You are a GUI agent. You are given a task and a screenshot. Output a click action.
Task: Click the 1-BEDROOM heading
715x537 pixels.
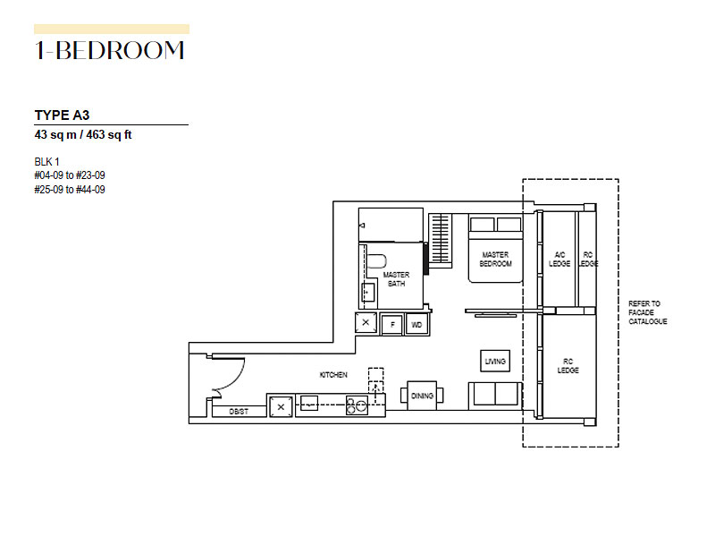pyautogui.click(x=109, y=51)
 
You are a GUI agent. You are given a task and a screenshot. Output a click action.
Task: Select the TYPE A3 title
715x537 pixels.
pyautogui.click(x=62, y=115)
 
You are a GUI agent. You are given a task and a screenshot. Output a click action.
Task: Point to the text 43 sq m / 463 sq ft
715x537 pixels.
pyautogui.click(x=83, y=135)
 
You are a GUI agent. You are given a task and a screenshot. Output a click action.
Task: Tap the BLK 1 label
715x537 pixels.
pyautogui.click(x=47, y=162)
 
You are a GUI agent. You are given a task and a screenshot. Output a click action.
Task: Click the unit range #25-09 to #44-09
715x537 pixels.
pyautogui.click(x=70, y=190)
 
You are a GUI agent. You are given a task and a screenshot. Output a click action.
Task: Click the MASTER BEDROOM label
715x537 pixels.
pyautogui.click(x=496, y=260)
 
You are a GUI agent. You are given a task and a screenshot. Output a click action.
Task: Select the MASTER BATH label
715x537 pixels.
pyautogui.click(x=396, y=279)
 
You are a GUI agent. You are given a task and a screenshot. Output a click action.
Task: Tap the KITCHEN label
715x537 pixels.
pyautogui.click(x=333, y=375)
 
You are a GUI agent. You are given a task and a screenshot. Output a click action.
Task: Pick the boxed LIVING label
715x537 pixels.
pyautogui.click(x=495, y=362)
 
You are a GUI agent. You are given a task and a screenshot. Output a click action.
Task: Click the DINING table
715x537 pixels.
pyautogui.click(x=422, y=396)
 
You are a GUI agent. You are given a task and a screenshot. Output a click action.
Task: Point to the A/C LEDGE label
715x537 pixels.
pyautogui.click(x=559, y=260)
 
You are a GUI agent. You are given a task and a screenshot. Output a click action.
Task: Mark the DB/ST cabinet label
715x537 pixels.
pyautogui.click(x=239, y=412)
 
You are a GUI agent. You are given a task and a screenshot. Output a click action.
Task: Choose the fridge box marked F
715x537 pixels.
pyautogui.click(x=392, y=325)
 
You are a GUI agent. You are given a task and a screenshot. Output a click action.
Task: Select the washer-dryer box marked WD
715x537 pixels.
pyautogui.click(x=416, y=325)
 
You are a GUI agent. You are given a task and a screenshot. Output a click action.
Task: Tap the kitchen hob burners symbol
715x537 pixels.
pyautogui.click(x=357, y=405)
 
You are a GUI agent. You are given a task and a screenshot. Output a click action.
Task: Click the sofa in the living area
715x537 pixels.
pyautogui.click(x=495, y=396)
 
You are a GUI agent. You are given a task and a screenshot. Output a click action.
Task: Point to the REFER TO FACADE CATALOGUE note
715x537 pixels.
pyautogui.click(x=647, y=312)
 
